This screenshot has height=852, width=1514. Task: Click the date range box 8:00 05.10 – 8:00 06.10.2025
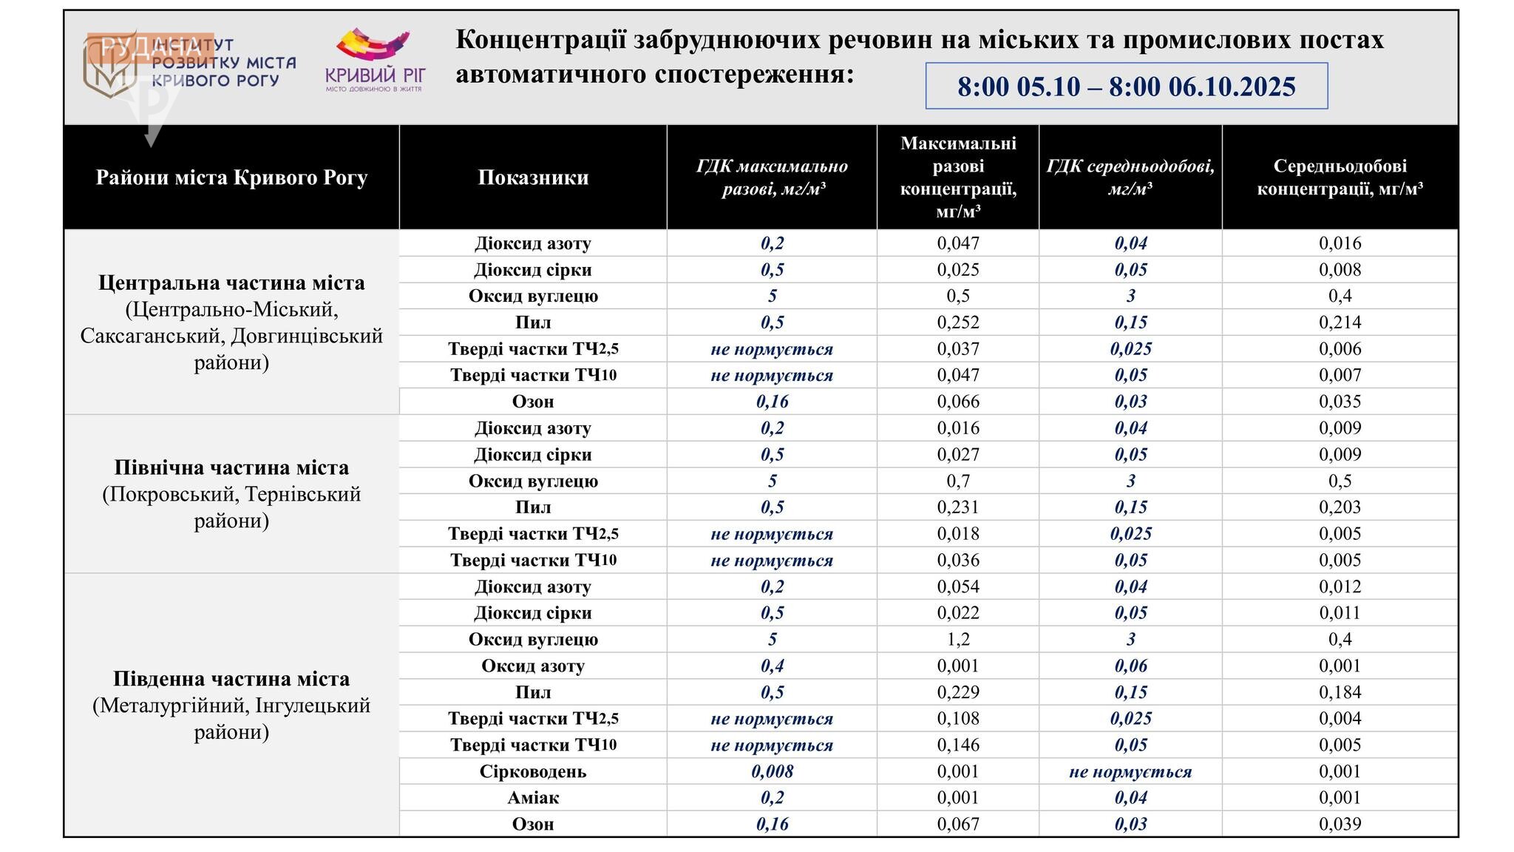tap(1126, 87)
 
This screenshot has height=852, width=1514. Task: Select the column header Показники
tap(533, 177)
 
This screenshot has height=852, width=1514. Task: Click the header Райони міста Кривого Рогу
tap(231, 177)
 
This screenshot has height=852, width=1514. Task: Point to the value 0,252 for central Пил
tap(958, 322)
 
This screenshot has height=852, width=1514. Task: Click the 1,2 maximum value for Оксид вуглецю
tap(958, 639)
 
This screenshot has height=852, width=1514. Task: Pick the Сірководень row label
tap(533, 771)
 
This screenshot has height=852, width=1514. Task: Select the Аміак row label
tap(533, 798)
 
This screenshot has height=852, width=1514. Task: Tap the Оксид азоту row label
tap(533, 666)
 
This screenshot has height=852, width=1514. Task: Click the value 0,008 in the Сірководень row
tap(772, 771)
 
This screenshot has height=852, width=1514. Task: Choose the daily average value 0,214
tap(1340, 322)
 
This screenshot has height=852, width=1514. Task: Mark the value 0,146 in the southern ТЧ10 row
tap(958, 745)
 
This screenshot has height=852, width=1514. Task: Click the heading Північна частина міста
tap(231, 467)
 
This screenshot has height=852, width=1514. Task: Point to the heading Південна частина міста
tap(231, 679)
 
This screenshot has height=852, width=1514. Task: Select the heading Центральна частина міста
tap(231, 283)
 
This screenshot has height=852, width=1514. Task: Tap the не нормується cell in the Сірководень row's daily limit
tap(1130, 771)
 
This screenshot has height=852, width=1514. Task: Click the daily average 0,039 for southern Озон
tap(1340, 824)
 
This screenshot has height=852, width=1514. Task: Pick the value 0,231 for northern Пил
tap(958, 507)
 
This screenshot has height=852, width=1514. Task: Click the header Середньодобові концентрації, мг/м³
tap(1340, 177)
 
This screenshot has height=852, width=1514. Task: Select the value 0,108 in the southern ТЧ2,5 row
tap(958, 718)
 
